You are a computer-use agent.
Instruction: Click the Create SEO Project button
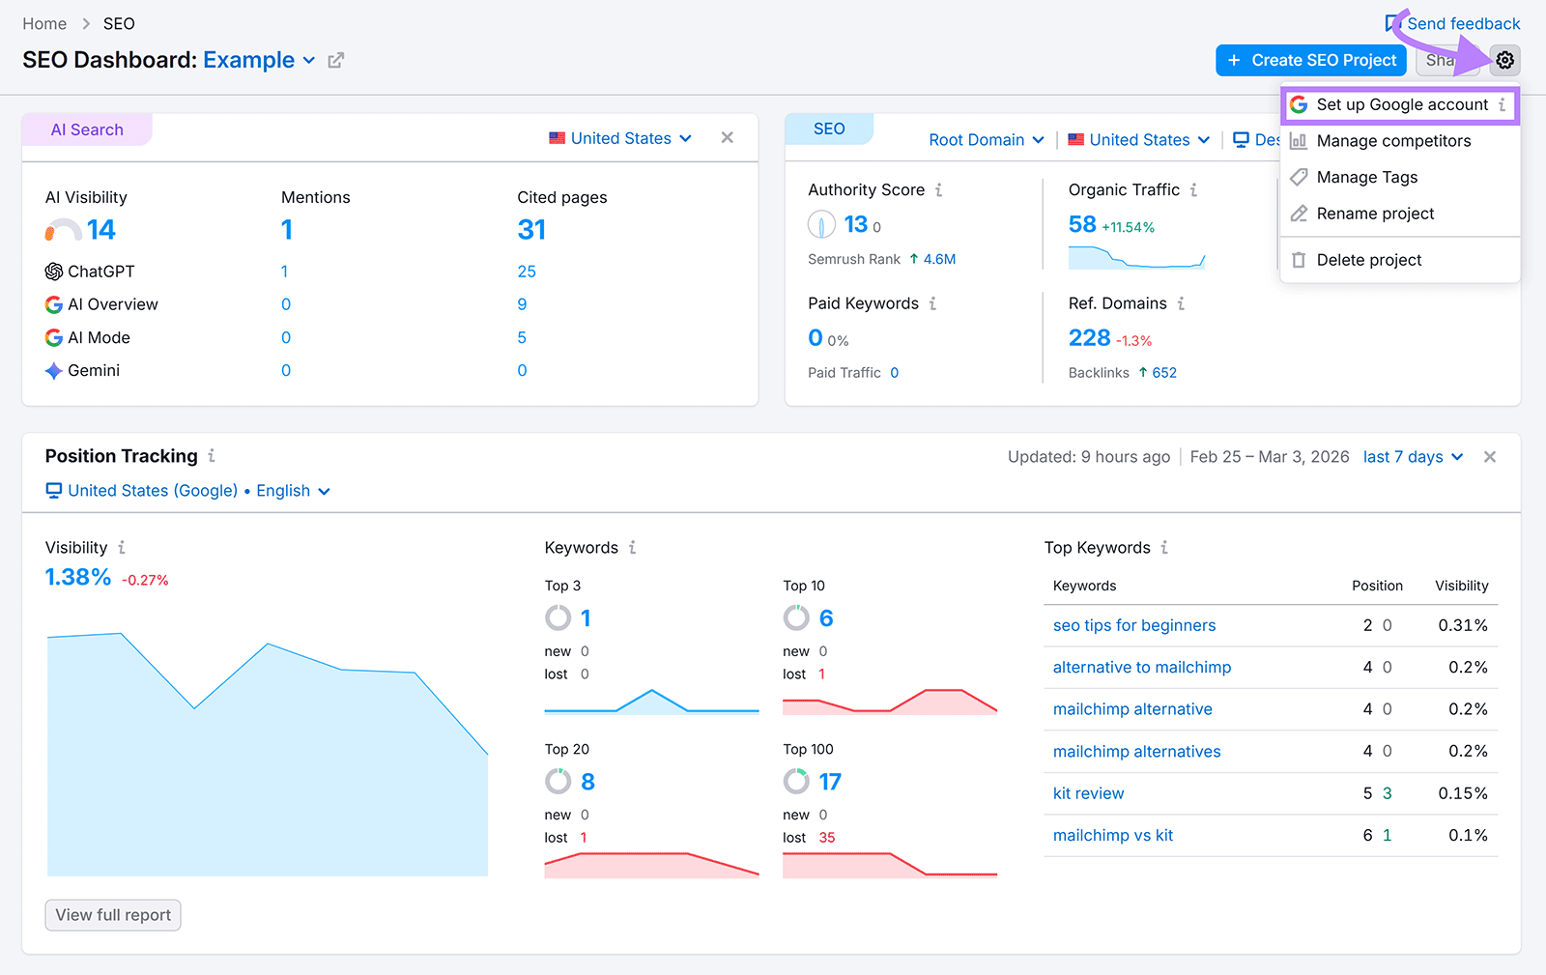1310,60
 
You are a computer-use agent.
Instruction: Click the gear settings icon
1504,60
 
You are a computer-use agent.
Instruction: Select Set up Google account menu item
1401,104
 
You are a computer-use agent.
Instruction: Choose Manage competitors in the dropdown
1392,141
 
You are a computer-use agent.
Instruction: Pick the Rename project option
1374,214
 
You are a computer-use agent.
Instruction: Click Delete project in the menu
1368,260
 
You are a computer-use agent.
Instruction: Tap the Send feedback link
1462,23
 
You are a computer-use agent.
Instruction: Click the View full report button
113,915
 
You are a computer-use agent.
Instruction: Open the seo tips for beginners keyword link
1133,625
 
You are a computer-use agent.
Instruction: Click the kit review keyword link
1088,793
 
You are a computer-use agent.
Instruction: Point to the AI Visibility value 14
100,230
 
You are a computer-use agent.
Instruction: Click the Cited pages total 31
531,230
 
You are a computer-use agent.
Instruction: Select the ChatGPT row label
100,272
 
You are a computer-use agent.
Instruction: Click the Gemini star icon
54,371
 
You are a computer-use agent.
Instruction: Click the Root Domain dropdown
986,140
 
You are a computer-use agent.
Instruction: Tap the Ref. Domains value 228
1089,338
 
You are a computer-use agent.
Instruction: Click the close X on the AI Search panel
727,138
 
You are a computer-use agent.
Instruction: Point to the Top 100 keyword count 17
830,782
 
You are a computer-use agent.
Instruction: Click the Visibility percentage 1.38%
78,577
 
